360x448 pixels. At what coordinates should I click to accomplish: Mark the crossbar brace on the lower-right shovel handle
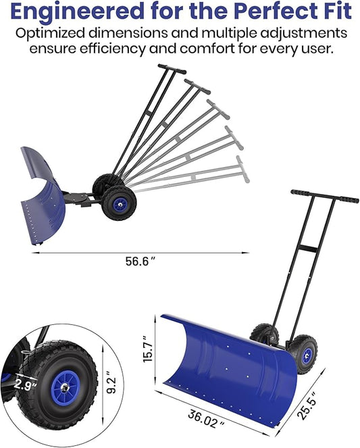coord(307,249)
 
